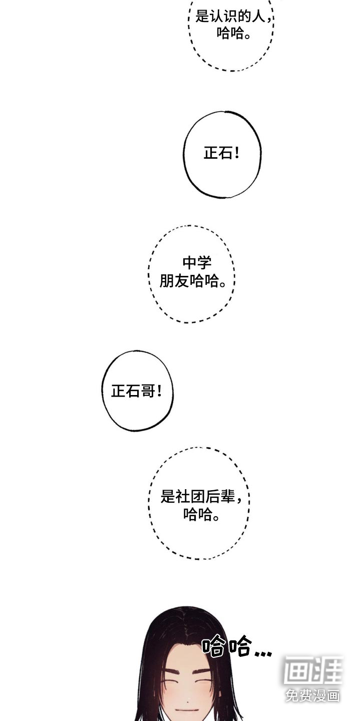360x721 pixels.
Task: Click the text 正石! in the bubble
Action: tap(222, 153)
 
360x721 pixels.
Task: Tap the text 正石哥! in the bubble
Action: tap(137, 392)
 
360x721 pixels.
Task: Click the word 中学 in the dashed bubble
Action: tap(197, 262)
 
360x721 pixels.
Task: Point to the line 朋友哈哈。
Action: tap(193, 281)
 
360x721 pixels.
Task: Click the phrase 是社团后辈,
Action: tap(201, 496)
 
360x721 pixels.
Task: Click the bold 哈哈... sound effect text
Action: tap(237, 646)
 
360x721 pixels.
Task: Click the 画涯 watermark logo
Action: tap(312, 670)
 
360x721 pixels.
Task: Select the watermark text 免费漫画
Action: tap(312, 695)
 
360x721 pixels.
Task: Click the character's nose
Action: tap(188, 697)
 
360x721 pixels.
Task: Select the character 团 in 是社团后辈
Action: tap(197, 496)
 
